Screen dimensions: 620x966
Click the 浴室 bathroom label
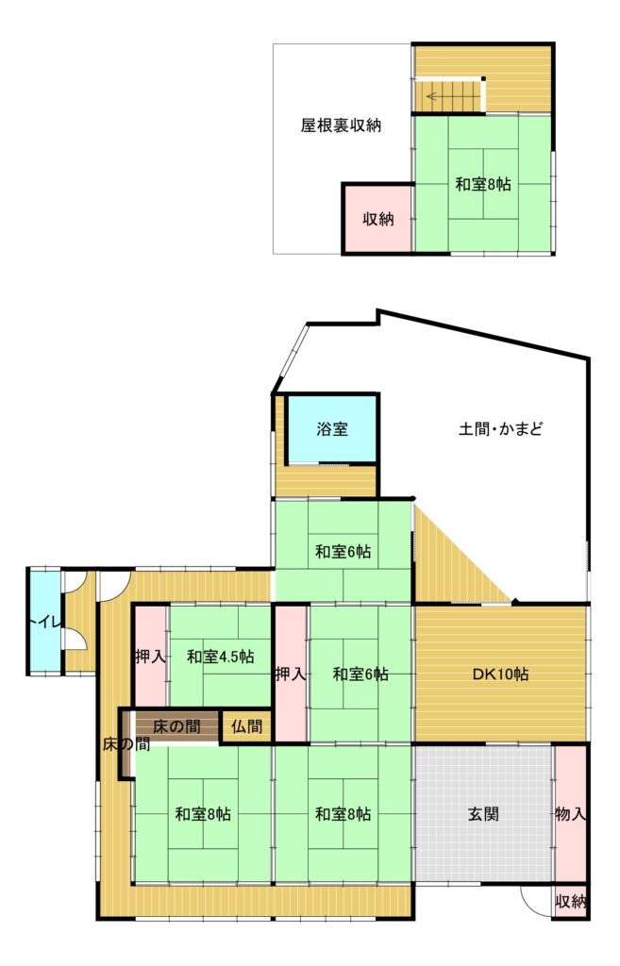pyautogui.click(x=332, y=429)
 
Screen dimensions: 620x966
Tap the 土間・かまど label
pyautogui.click(x=500, y=429)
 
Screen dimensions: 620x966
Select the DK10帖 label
pyautogui.click(x=500, y=674)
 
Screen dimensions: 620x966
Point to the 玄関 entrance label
pyautogui.click(x=483, y=814)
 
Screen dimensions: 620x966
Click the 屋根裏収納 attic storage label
pyautogui.click(x=341, y=125)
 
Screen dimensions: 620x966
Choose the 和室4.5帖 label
pyautogui.click(x=220, y=657)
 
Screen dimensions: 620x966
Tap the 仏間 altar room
pyautogui.click(x=246, y=727)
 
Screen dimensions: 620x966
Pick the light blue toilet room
pyautogui.click(x=44, y=621)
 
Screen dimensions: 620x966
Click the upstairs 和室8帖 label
pyautogui.click(x=482, y=184)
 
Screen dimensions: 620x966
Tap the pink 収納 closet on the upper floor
pyautogui.click(x=377, y=218)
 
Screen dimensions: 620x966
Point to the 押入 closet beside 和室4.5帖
pyautogui.click(x=150, y=657)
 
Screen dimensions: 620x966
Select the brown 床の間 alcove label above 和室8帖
pyautogui.click(x=176, y=727)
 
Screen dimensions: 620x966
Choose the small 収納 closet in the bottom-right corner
pyautogui.click(x=570, y=902)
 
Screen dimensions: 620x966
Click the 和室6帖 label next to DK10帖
pyautogui.click(x=360, y=674)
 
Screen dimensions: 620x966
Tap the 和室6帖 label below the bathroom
pyautogui.click(x=343, y=551)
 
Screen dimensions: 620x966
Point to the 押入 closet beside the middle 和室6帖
pyautogui.click(x=291, y=674)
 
